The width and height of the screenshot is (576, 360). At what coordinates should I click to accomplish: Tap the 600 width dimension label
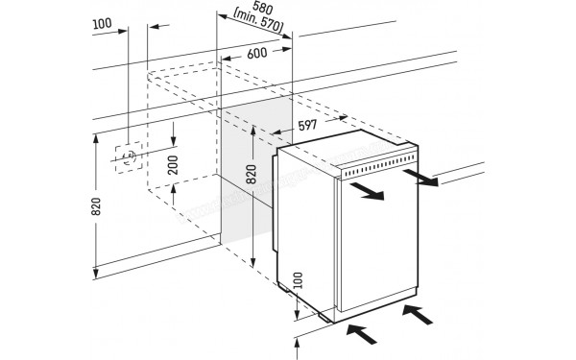(x=256, y=55)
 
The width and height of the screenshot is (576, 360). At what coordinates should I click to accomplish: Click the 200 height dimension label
(x=174, y=165)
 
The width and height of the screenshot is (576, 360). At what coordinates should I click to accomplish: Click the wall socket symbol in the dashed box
(x=126, y=157)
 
